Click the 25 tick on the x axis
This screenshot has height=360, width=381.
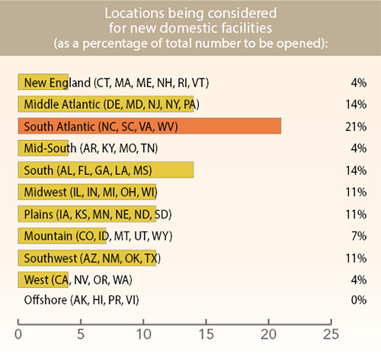coord(330,333)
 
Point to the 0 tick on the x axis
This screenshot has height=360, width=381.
coord(18,333)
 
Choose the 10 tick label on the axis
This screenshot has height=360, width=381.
coord(142,333)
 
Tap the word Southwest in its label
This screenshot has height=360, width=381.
coord(50,257)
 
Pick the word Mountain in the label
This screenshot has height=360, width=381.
coord(48,235)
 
